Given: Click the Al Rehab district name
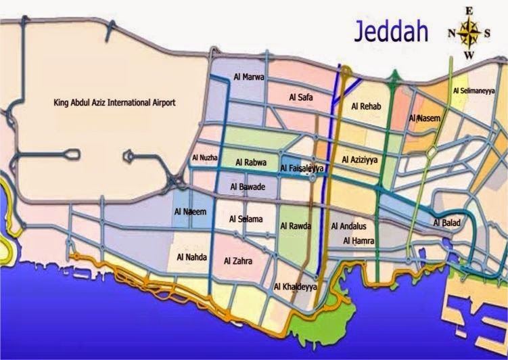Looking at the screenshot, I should click(368, 106).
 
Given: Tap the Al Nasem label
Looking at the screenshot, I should click(425, 118).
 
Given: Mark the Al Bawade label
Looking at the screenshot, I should click(248, 186).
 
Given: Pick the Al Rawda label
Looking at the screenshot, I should click(296, 226).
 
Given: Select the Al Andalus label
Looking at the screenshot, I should click(350, 226).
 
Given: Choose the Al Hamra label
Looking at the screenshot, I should click(358, 240).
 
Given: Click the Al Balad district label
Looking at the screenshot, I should click(447, 223).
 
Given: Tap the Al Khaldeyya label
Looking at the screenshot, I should click(295, 287).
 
